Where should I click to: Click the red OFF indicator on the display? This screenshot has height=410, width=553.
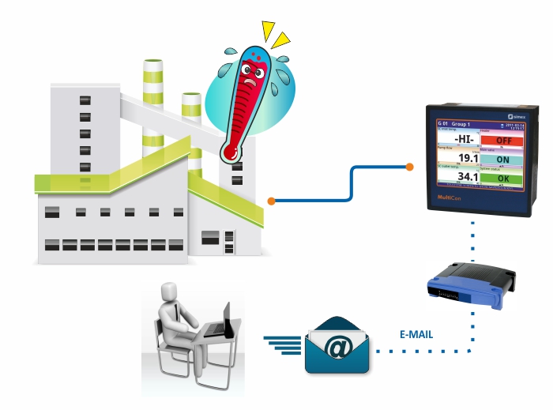(x=502, y=141)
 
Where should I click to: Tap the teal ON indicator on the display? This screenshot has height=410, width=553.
(x=502, y=159)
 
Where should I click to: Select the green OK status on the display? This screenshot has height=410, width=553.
(x=502, y=178)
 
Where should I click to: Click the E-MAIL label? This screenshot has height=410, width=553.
(x=416, y=334)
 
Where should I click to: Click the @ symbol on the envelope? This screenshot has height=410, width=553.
(x=337, y=344)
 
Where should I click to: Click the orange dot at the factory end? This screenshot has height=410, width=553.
(x=271, y=201)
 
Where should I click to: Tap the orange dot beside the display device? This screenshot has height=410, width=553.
(x=409, y=167)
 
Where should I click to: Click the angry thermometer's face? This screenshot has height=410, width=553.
(x=253, y=70)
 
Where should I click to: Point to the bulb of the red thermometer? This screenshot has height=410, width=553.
(x=231, y=149)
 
